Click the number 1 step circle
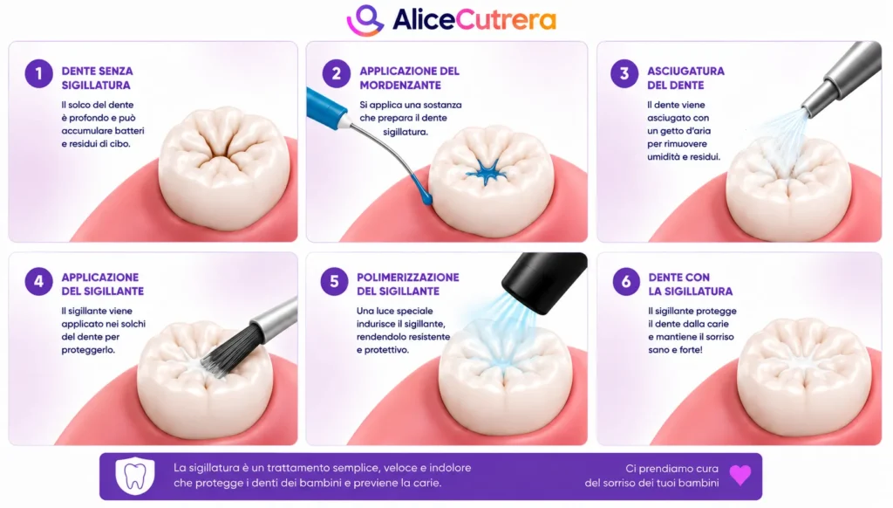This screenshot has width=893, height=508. tap(38, 74)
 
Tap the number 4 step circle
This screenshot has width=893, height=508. tap(38, 281)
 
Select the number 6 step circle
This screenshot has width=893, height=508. tap(626, 281)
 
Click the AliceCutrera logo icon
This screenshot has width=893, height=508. tap(365, 21)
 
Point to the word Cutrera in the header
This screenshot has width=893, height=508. tap(506, 20)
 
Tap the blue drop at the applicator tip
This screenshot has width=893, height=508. tap(426, 196)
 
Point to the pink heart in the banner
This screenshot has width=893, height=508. tap(740, 475)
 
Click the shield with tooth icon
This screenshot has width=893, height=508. tap(135, 476)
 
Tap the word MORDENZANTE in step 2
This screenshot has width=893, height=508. tap(400, 85)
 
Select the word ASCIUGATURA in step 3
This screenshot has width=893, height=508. tap(685, 72)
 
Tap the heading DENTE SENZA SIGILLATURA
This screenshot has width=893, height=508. tap(98, 78)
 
